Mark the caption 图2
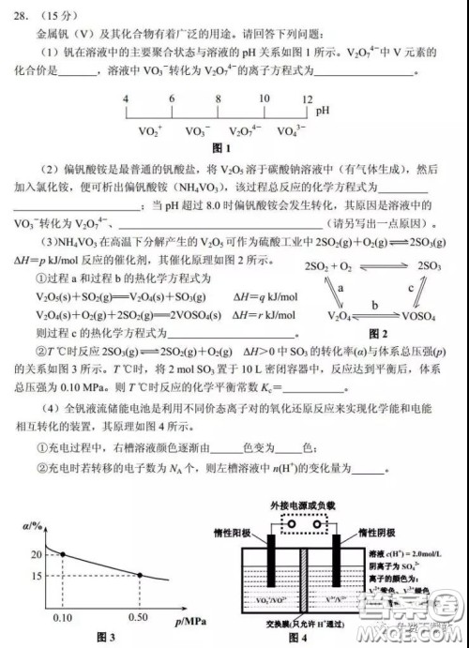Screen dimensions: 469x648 click(x=378, y=334)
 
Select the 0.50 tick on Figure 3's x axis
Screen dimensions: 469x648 click(x=141, y=619)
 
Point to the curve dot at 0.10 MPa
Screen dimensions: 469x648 click(x=63, y=555)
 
